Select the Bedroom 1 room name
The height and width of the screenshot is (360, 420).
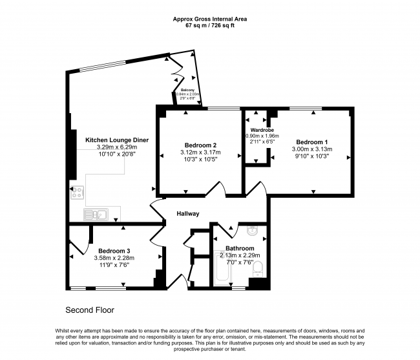click(x=312, y=142)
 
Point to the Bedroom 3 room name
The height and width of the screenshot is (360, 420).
click(x=114, y=251)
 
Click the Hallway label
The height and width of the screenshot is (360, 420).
click(x=187, y=214)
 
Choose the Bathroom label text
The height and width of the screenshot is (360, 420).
click(x=239, y=248)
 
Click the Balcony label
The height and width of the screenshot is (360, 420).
click(x=188, y=90)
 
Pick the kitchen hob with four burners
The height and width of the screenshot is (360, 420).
click(x=78, y=191)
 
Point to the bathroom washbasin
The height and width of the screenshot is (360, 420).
click(x=253, y=231)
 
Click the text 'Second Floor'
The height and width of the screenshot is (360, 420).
click(x=89, y=309)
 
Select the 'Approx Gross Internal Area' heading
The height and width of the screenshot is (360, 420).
click(x=209, y=19)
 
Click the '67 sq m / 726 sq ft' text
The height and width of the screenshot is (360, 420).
click(x=209, y=26)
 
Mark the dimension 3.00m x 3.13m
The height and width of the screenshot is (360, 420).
click(x=312, y=149)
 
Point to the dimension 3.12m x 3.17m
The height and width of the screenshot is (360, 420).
click(x=200, y=153)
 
